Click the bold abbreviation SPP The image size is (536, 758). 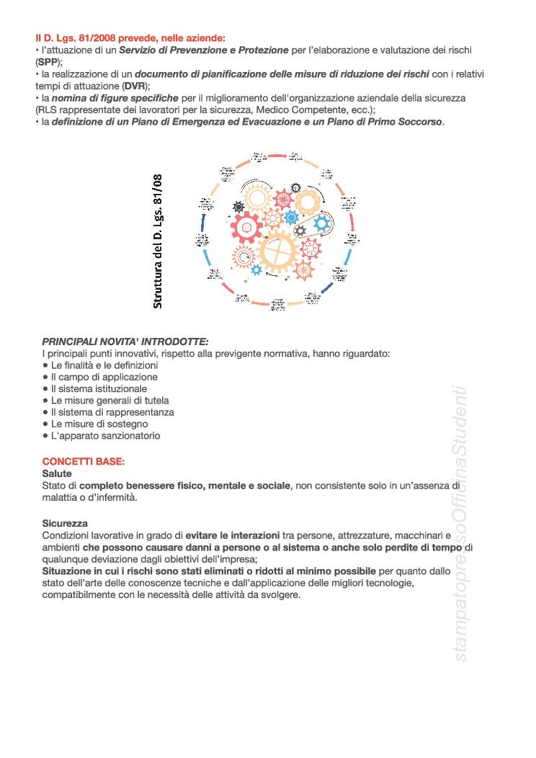(49, 62)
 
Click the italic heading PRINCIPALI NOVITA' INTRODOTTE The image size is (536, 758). (125, 342)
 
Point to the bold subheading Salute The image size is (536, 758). (57, 474)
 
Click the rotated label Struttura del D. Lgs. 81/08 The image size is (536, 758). (158, 241)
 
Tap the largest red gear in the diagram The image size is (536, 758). (246, 228)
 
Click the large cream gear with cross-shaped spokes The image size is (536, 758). (277, 250)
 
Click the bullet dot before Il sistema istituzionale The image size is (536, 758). (45, 388)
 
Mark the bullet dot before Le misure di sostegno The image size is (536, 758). (45, 424)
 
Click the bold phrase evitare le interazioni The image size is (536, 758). (233, 535)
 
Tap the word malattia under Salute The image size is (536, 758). (61, 498)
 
